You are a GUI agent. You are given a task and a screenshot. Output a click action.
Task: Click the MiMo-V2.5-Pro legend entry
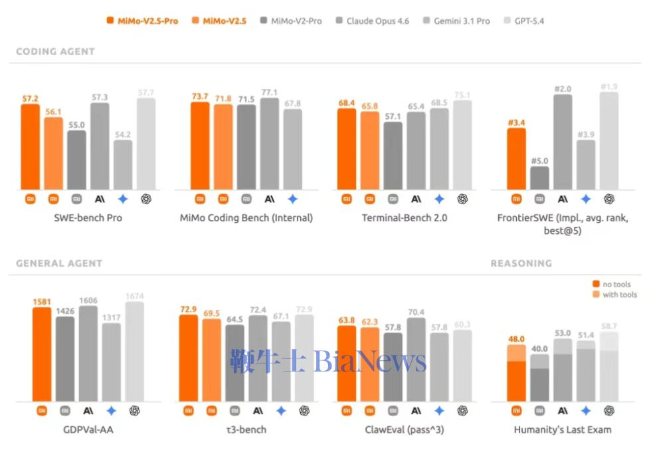[x=142, y=21]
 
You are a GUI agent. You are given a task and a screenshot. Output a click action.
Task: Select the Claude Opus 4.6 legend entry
[x=372, y=21]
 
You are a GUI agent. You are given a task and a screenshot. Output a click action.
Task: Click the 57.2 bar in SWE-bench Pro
[x=30, y=146]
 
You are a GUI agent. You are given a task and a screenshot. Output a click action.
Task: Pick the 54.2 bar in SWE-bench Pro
[x=122, y=164]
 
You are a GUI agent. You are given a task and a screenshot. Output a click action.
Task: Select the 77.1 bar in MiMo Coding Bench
[x=270, y=144]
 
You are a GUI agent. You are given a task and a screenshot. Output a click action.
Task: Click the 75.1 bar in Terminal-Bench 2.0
[x=462, y=145]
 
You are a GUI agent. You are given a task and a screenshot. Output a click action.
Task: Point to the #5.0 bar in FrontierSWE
[x=539, y=177]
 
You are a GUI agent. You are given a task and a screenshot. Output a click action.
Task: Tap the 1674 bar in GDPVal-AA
[x=134, y=352]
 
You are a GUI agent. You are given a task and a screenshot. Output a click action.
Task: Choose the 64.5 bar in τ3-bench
[x=235, y=363]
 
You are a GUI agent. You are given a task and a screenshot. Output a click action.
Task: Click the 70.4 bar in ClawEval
[x=416, y=360]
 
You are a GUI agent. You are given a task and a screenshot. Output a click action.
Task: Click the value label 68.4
[x=346, y=102]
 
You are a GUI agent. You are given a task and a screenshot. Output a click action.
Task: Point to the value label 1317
[x=111, y=317]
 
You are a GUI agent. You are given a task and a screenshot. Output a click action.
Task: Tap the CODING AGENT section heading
[x=55, y=51]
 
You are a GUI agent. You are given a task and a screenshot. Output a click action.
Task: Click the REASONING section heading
[x=521, y=263]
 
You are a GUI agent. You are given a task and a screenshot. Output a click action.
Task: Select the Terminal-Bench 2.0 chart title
[x=404, y=217]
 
